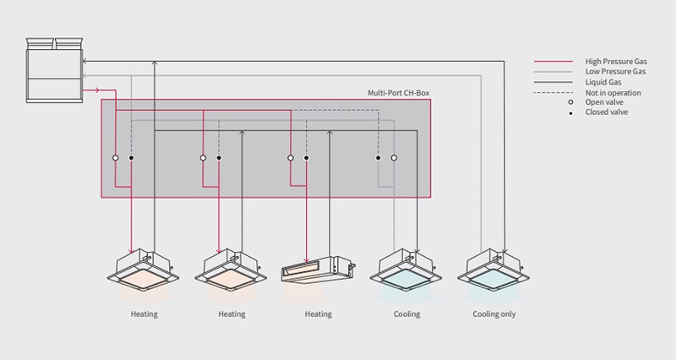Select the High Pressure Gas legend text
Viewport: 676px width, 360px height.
click(611, 62)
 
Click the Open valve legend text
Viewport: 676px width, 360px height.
click(602, 102)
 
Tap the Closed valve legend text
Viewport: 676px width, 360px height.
click(604, 112)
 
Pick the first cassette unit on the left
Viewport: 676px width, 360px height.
click(143, 269)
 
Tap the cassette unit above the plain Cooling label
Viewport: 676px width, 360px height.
click(406, 269)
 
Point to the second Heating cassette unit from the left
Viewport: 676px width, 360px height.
click(231, 269)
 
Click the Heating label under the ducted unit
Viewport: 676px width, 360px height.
click(319, 314)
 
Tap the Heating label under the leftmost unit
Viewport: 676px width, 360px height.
click(144, 314)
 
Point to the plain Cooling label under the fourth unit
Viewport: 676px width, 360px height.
click(406, 314)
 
